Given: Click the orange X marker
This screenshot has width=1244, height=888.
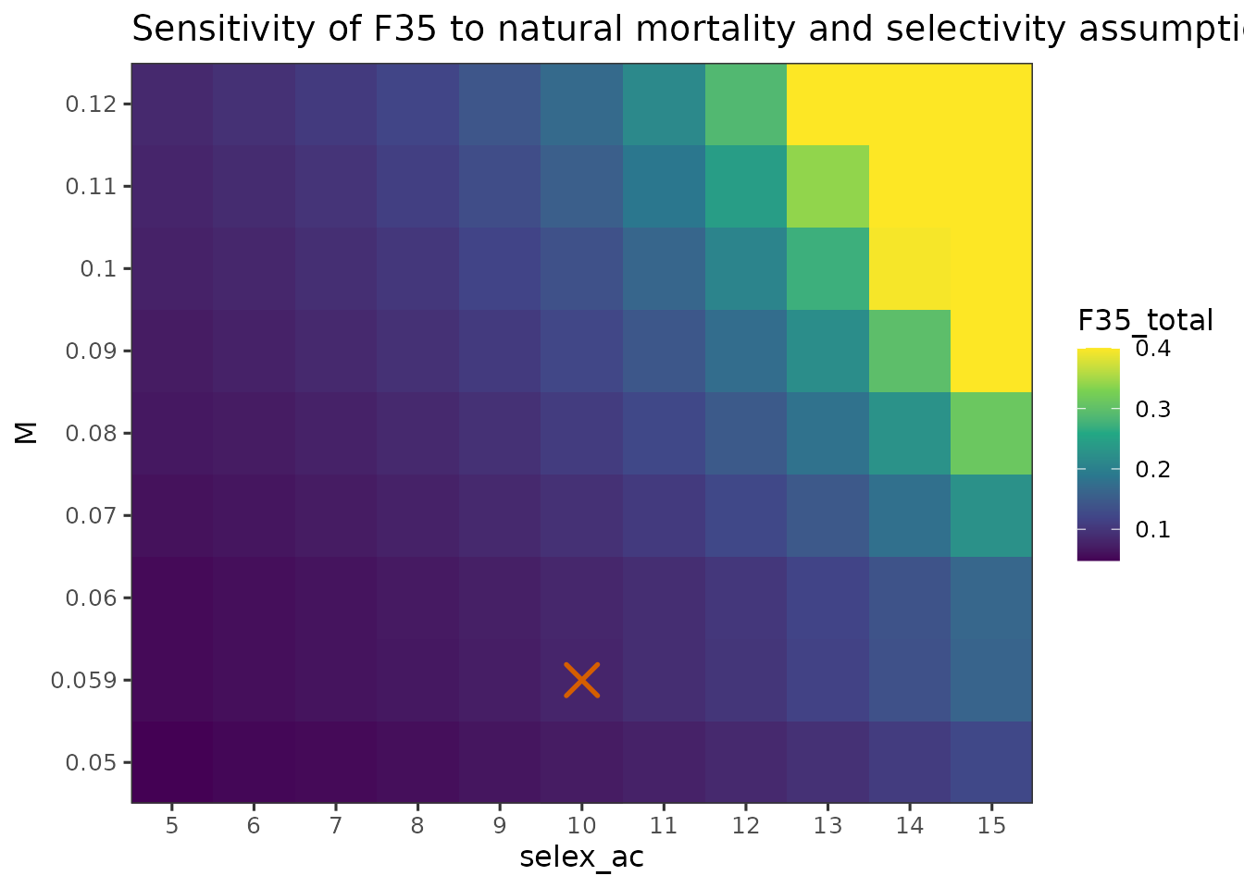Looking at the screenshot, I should (582, 680).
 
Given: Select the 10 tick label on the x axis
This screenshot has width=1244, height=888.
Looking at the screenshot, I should (581, 825).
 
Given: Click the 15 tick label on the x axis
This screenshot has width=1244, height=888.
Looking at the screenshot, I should (991, 825).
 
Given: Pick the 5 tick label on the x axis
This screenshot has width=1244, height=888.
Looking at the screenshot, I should (171, 825).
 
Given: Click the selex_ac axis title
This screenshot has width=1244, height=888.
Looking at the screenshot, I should (581, 857).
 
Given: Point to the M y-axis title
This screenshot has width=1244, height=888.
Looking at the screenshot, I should (27, 432).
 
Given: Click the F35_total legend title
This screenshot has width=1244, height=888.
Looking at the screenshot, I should (1145, 321).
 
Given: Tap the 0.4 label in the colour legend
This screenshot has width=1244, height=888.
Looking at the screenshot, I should (1153, 349).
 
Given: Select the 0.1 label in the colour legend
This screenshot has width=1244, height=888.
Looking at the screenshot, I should (1153, 530).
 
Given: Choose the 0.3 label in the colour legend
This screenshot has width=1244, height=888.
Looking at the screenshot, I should (1153, 409).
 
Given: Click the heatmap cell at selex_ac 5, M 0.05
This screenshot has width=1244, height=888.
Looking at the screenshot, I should (172, 762).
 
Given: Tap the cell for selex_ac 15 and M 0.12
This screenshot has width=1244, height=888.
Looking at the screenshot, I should (991, 104).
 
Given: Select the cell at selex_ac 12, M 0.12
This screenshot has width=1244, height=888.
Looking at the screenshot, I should (745, 104).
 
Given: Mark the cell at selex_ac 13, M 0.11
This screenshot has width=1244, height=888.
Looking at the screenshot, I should (827, 186).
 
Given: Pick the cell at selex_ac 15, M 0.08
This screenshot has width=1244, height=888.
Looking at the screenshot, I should (991, 433).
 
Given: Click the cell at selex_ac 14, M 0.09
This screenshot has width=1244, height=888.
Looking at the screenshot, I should (909, 351).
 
